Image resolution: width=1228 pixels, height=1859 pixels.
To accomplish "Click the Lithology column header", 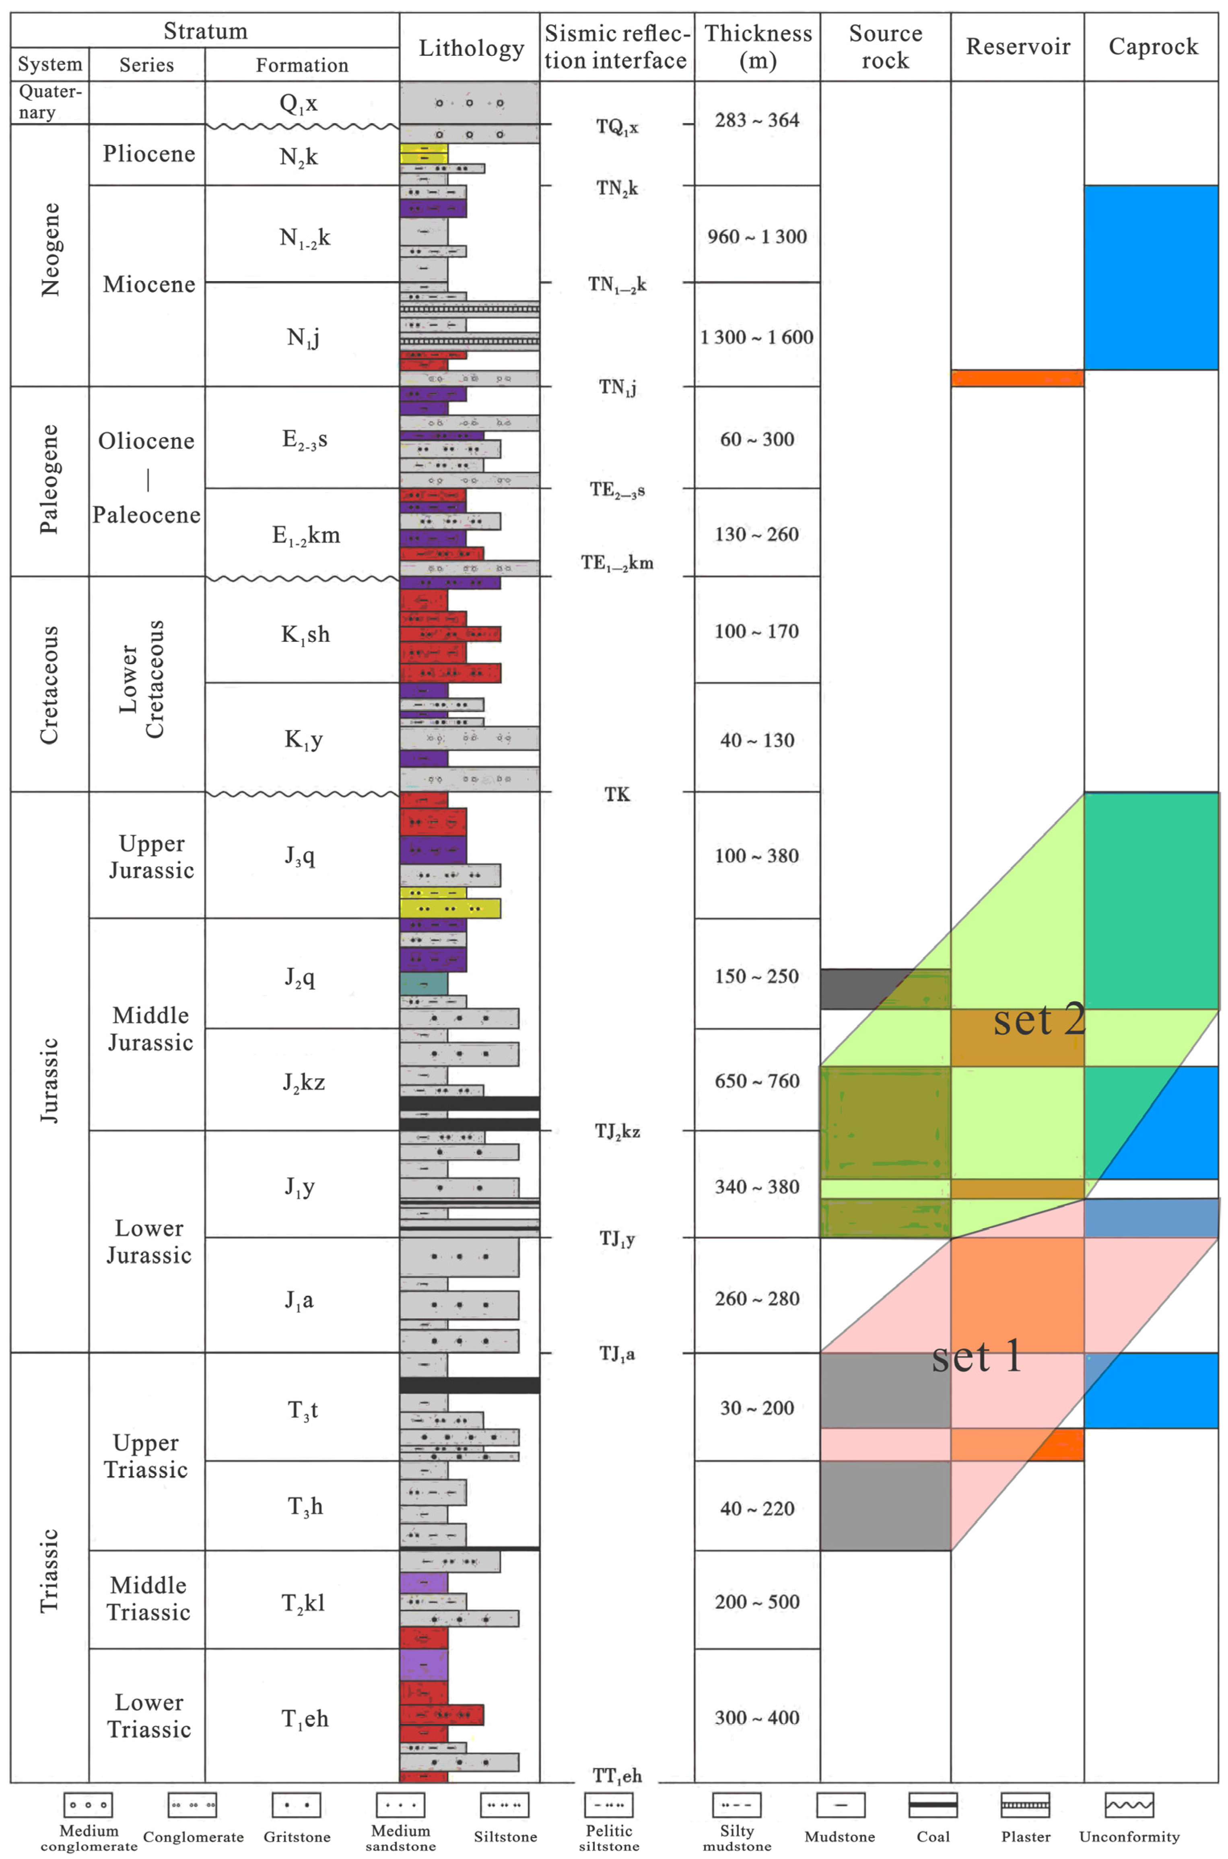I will coord(471,48).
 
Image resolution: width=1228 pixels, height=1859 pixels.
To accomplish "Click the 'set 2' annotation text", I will coord(1039,1020).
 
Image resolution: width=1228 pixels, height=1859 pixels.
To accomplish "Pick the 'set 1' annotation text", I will coord(977,1356).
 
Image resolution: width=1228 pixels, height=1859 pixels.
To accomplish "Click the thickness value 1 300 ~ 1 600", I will coord(756,337).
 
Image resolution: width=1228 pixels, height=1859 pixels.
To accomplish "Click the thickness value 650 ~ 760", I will coord(756,1081).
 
